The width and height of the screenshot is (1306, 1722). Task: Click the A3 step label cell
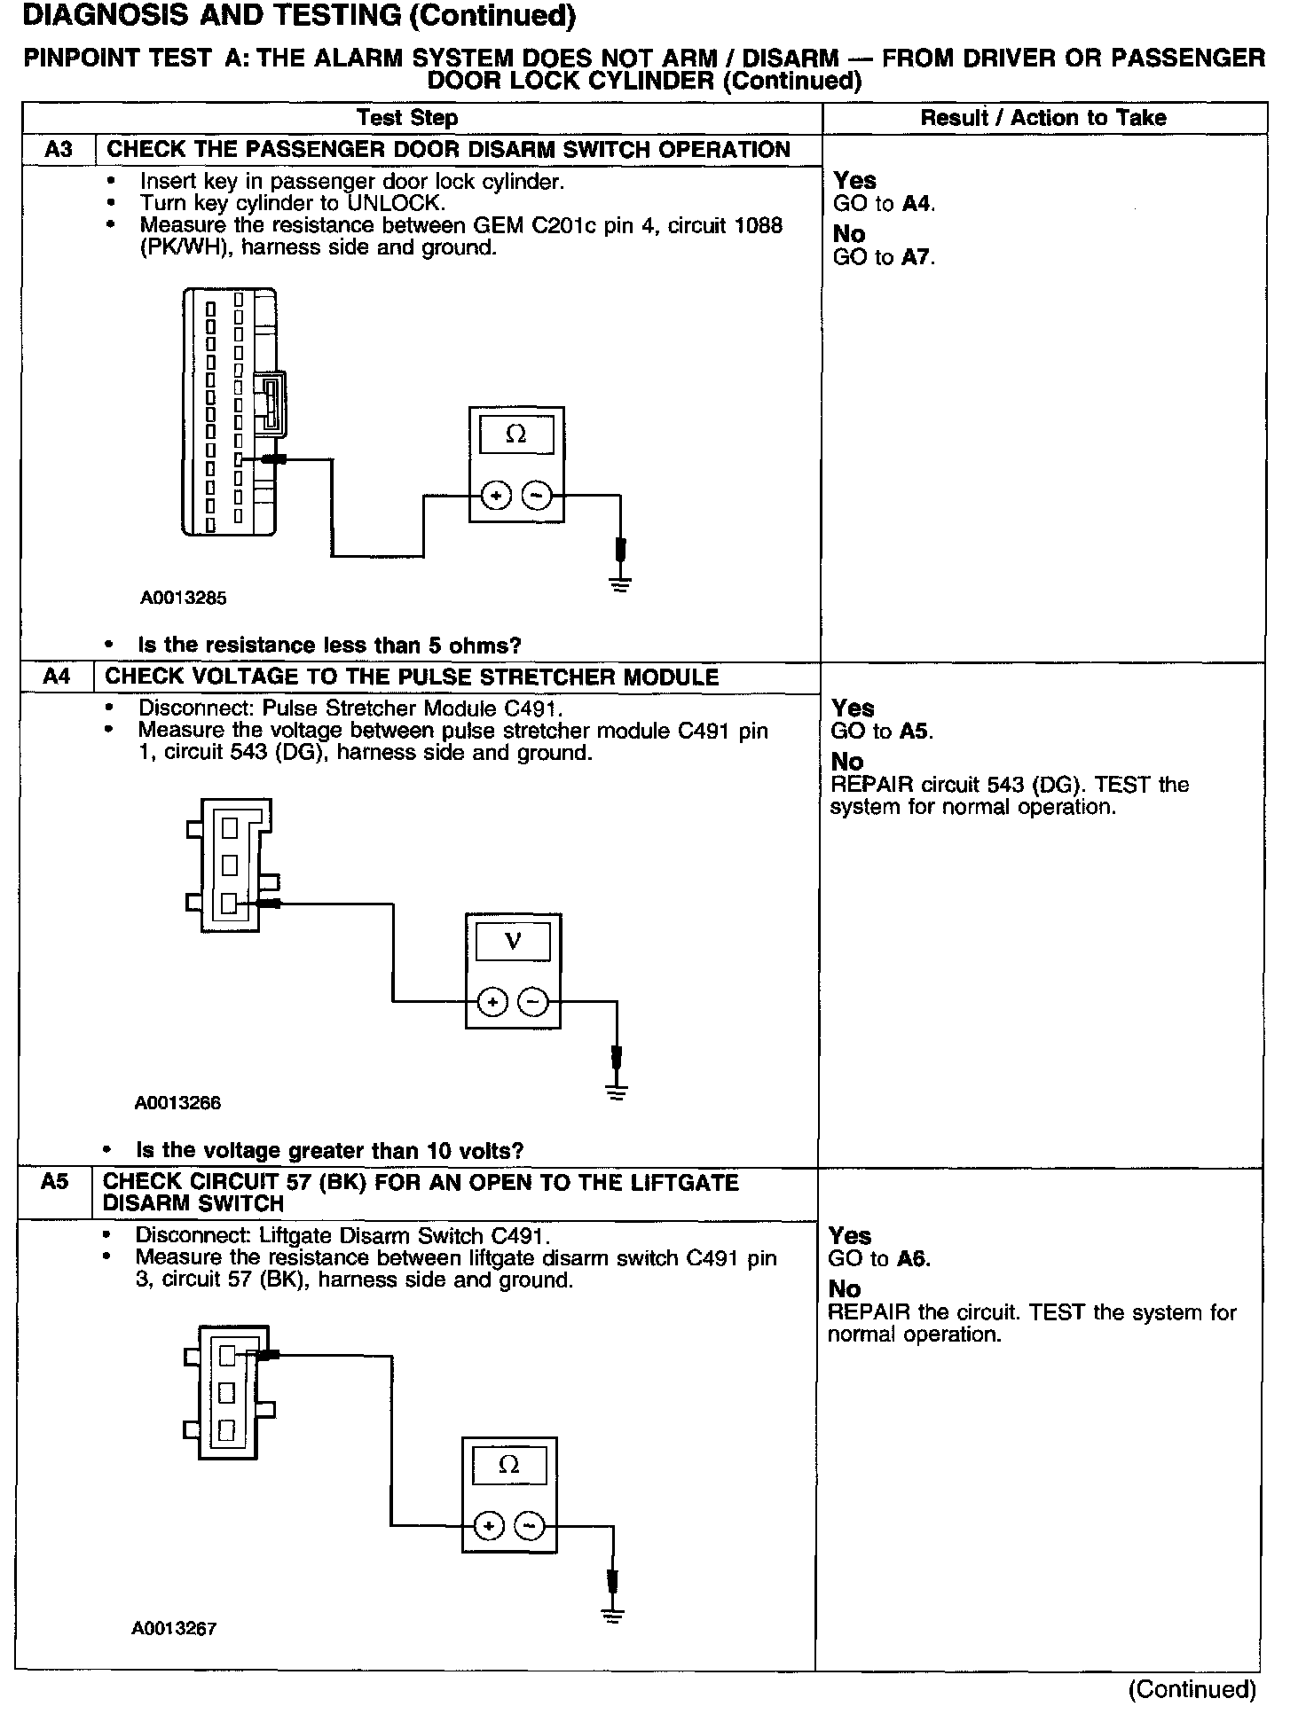point(58,149)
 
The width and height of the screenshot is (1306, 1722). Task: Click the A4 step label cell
point(56,677)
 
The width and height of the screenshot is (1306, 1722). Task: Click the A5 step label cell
point(54,1183)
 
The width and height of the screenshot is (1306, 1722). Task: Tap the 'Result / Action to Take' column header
point(1042,118)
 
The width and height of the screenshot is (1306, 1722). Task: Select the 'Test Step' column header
point(407,118)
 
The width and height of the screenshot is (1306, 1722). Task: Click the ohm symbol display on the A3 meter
point(515,434)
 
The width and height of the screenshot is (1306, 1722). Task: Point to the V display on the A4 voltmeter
point(513,941)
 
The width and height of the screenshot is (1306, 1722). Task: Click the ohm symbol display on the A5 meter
point(509,1465)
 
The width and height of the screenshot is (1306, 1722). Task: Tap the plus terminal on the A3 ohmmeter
point(496,496)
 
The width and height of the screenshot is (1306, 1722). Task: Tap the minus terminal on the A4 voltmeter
point(532,1003)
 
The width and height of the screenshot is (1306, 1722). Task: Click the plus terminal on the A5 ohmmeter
point(489,1526)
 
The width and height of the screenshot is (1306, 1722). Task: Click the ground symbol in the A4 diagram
point(617,1092)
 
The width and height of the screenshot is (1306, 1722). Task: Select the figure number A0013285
point(183,598)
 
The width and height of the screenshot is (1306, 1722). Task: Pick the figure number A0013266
point(177,1103)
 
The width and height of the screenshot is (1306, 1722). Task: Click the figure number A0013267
point(174,1628)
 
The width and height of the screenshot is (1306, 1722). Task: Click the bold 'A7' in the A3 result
point(918,257)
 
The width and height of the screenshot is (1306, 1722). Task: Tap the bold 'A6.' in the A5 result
point(913,1258)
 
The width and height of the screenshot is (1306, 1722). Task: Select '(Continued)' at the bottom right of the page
point(1192,1689)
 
